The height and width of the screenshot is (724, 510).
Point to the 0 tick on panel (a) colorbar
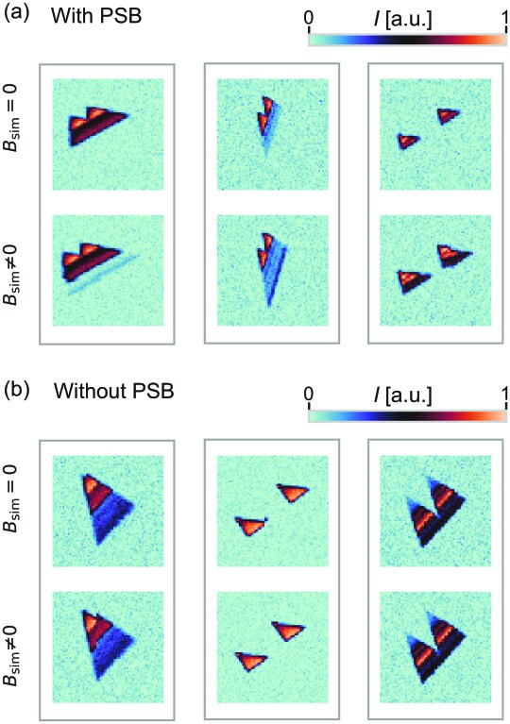312,18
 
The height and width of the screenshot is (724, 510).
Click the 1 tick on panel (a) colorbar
502,18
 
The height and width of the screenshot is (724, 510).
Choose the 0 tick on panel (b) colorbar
312,389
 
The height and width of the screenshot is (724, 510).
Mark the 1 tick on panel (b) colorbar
502,389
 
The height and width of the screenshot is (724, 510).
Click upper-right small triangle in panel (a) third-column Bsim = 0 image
448,115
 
